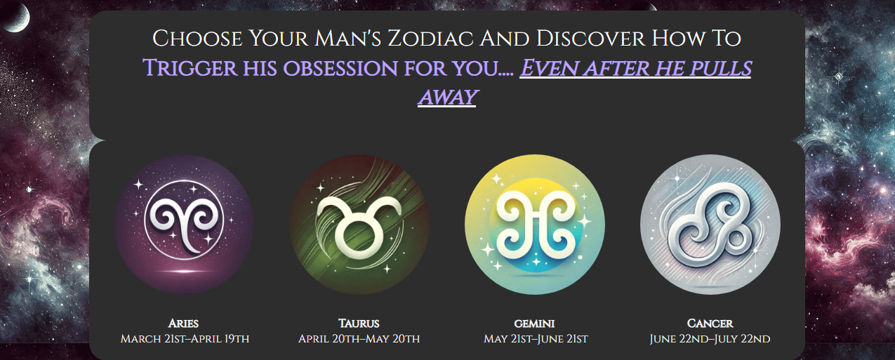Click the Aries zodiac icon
(x=184, y=224)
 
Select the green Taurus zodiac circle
(x=359, y=224)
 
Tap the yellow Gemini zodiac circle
(x=535, y=224)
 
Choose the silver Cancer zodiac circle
(x=710, y=224)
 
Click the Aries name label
(x=184, y=324)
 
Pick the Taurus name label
(x=359, y=324)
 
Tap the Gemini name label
(x=535, y=324)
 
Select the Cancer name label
(x=710, y=324)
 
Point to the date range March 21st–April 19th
(x=185, y=340)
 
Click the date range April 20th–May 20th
(x=359, y=340)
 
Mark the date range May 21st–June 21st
(x=536, y=340)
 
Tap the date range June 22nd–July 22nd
(x=710, y=340)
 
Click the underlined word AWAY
(x=447, y=98)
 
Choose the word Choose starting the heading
(x=192, y=39)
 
